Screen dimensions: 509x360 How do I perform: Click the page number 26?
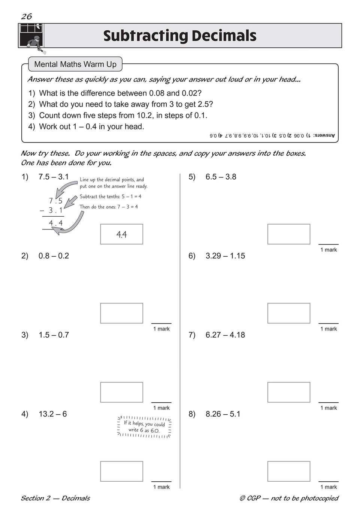coord(27,16)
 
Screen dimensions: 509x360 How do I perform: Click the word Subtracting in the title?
coord(146,36)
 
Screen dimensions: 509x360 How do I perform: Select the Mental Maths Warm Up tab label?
coord(75,64)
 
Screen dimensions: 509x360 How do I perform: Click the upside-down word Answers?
coord(324,135)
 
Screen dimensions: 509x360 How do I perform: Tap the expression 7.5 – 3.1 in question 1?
coord(54,177)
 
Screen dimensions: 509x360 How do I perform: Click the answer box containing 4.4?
coord(122,234)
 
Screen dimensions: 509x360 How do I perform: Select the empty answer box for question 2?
coord(122,313)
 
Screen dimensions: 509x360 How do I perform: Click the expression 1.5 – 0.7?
coord(54,335)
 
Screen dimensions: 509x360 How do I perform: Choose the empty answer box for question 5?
coord(289,234)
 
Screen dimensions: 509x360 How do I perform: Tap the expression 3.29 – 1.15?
coord(225,256)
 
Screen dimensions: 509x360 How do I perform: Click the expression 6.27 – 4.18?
coord(225,335)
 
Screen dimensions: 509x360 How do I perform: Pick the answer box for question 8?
coord(289,471)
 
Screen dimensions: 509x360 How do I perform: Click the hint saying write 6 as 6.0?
coord(144,427)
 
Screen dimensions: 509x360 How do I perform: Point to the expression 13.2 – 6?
coord(52,414)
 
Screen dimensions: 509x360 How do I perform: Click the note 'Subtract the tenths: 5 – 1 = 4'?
coord(111,196)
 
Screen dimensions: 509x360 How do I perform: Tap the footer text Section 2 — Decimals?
coord(55,498)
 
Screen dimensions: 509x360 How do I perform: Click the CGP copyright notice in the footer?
coord(289,498)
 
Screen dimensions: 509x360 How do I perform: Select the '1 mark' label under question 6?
coord(329,329)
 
